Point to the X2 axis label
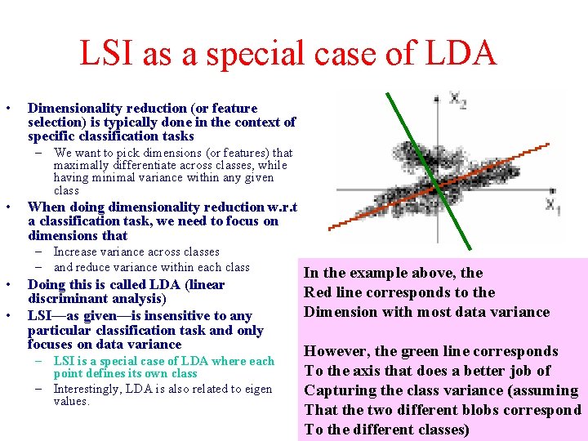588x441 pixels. click(458, 99)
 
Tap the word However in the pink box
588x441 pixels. click(336, 351)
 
